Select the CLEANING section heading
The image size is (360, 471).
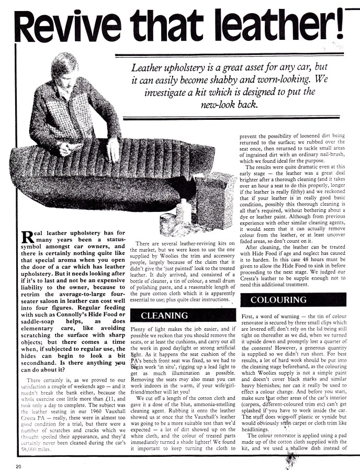165,316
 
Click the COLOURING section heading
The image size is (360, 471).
278,300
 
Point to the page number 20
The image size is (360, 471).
18,465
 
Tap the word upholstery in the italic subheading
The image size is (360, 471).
181,68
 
